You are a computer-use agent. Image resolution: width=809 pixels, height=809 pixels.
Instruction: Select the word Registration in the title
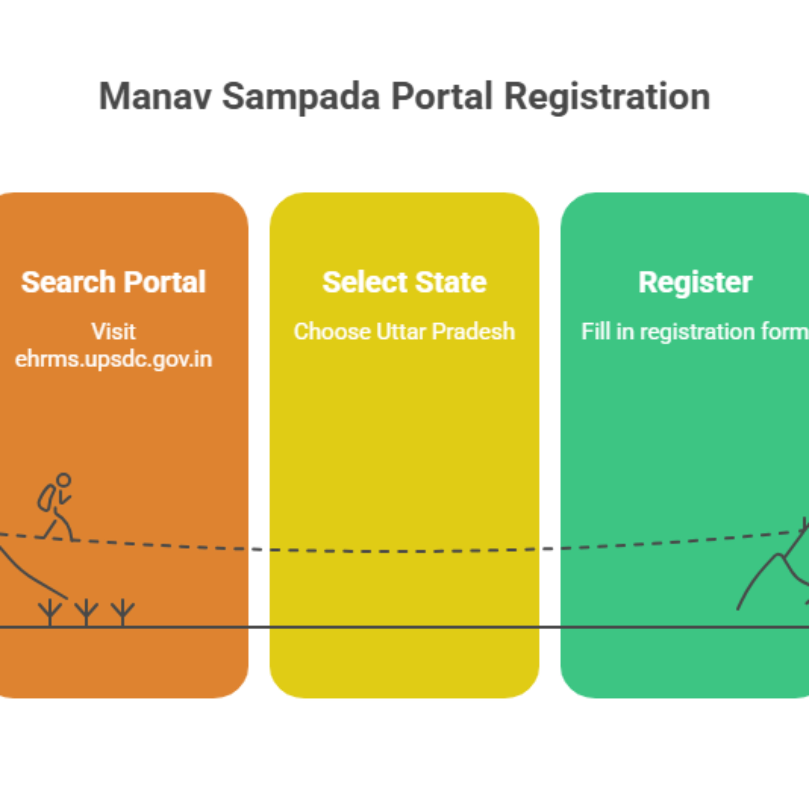coord(607,97)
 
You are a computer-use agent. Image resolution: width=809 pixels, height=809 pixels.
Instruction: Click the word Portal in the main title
coord(442,97)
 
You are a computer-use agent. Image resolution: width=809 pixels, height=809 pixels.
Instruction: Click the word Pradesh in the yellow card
coord(473,332)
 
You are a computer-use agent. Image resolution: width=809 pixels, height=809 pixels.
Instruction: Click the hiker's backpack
coord(46,498)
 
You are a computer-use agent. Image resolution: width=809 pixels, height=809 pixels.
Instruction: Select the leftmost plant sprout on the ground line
coord(50,613)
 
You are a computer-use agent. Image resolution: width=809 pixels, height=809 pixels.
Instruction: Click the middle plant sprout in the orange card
coord(86,613)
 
